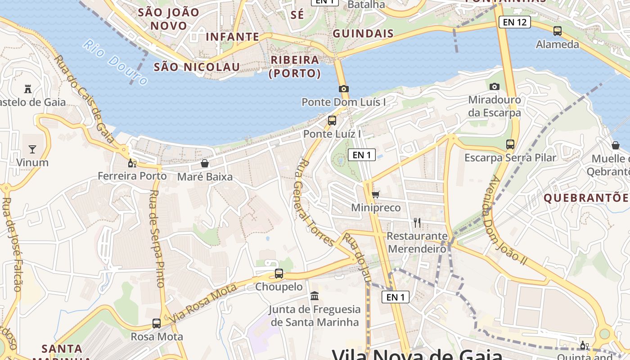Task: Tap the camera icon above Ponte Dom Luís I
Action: coord(344,89)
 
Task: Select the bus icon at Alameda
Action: coord(558,31)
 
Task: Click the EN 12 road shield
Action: coord(515,22)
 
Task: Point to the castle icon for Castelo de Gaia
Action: coord(28,89)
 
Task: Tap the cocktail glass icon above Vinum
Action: coord(32,149)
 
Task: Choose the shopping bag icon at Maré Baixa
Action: coord(205,163)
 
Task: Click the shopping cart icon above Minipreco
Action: coord(375,194)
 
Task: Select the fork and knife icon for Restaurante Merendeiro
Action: coord(417,222)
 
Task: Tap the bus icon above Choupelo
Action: coord(279,273)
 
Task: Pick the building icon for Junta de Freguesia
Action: coord(315,296)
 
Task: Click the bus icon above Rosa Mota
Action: coord(157,323)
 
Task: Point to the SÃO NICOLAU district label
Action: coord(197,67)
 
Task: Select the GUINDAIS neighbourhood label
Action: coord(363,33)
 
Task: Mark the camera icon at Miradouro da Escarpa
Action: coord(495,86)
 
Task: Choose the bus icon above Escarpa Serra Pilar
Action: coord(510,144)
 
